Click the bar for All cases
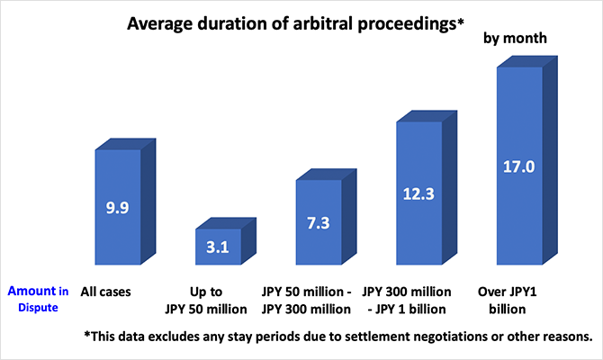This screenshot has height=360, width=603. click(117, 180)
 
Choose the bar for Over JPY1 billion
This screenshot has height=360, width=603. click(519, 126)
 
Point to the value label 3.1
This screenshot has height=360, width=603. click(218, 246)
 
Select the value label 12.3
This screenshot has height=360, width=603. click(419, 193)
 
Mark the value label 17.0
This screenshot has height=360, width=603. click(519, 166)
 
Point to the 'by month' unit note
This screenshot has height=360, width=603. click(516, 39)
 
